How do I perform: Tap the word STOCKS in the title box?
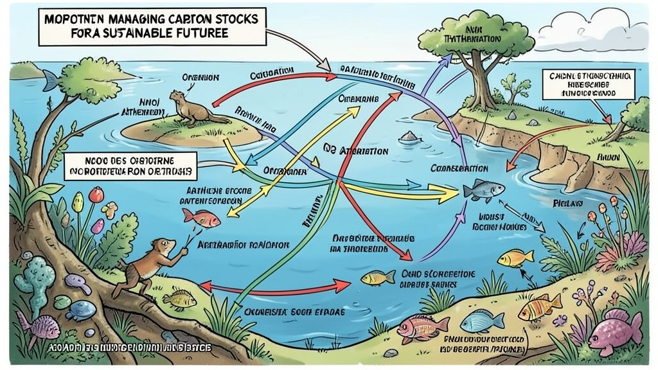pyautogui.click(x=231, y=19)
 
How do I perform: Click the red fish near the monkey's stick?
pyautogui.click(x=200, y=217)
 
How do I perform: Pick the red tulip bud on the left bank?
pyautogui.click(x=96, y=194)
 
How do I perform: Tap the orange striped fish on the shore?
pyautogui.click(x=540, y=307)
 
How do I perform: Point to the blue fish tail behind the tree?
pyautogui.click(x=49, y=80)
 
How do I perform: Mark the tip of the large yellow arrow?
pyautogui.click(x=458, y=190)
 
